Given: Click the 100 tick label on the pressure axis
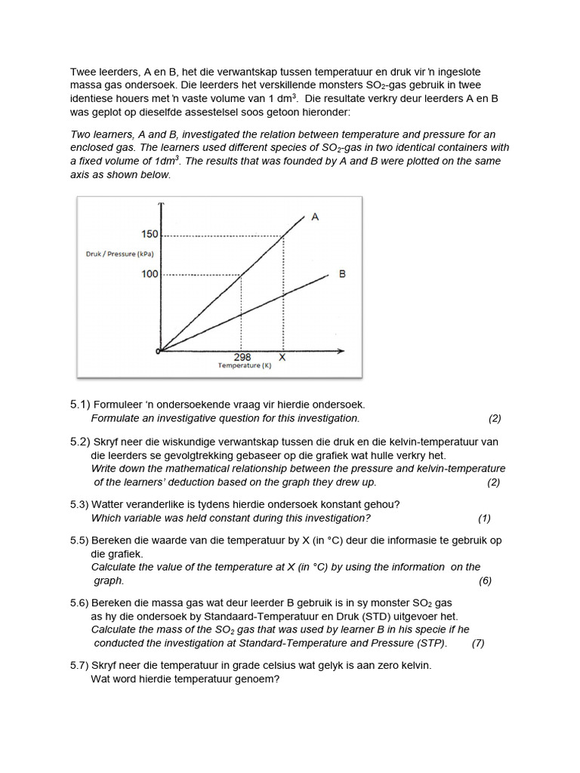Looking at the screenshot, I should click(150, 273).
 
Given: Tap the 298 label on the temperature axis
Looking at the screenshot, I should click(243, 357).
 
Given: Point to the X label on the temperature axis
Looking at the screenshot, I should click(282, 357).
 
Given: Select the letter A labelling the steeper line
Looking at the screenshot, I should click(315, 217).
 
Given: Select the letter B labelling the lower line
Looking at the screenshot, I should click(342, 274).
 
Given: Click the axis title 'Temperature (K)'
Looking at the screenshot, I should click(244, 365).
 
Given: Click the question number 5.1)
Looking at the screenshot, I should click(80, 405).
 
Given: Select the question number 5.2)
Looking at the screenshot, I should click(80, 442).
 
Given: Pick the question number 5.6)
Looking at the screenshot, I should click(80, 603).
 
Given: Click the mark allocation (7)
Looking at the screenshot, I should click(477, 643).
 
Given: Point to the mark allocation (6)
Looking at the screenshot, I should click(485, 581).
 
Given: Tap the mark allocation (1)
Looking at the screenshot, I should click(484, 518).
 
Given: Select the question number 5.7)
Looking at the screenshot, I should click(80, 665).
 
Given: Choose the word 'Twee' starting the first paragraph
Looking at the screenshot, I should click(83, 72).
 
